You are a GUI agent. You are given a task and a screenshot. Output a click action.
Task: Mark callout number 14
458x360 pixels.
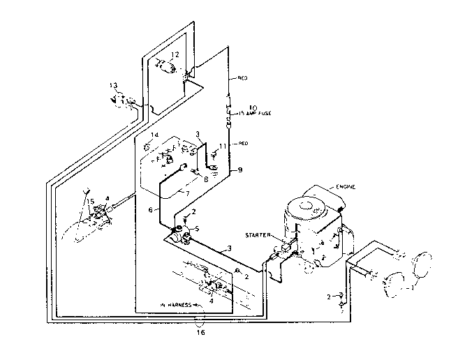tap(156, 134)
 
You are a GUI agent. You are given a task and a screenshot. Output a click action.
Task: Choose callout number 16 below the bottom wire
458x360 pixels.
tap(200, 333)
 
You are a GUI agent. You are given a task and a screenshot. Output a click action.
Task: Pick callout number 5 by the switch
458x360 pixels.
tap(198, 227)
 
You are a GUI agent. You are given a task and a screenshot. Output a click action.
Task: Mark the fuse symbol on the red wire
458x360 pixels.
tap(228, 112)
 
